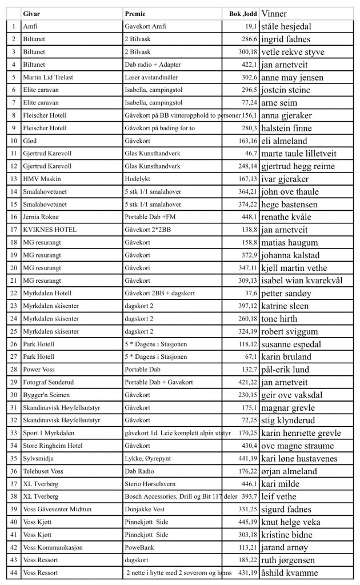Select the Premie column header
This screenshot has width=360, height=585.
pos(134,14)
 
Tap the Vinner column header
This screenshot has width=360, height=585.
pos(274,14)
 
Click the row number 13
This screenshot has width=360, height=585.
pos(13,179)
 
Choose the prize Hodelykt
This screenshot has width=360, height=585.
pos(137,179)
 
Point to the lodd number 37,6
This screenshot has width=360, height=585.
pos(251,293)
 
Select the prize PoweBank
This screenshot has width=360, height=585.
pos(138,547)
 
